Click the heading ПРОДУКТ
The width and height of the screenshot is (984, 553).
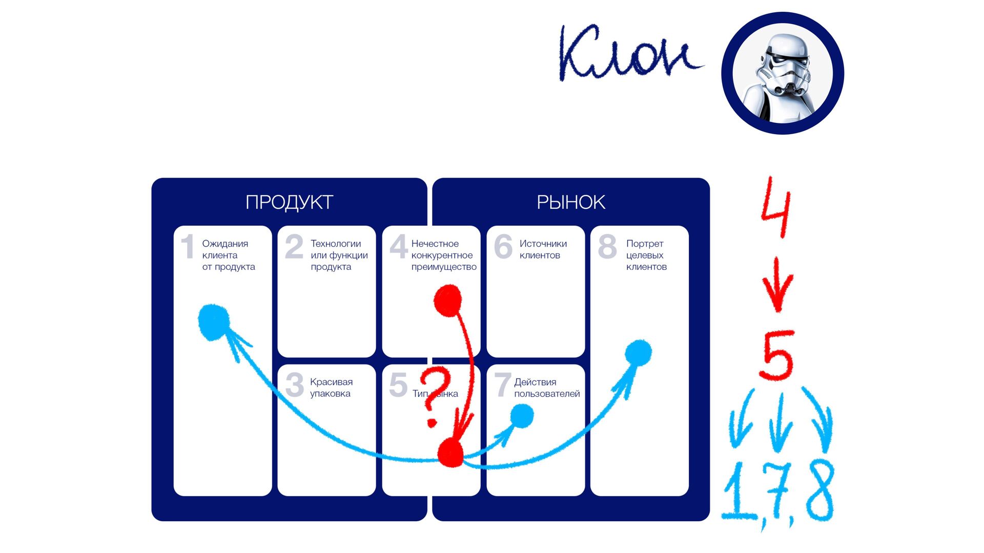[289, 202]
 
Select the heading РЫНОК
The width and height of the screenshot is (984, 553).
[570, 202]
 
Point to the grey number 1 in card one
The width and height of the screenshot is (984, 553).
[188, 246]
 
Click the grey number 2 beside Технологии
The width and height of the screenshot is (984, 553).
[294, 246]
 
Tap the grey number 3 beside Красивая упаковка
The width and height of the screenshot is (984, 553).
[294, 385]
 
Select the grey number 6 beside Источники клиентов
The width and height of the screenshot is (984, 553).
[503, 246]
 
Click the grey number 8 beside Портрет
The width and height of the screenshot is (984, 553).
[607, 246]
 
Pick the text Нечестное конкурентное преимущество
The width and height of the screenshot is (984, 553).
[443, 255]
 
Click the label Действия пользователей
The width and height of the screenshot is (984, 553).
[547, 388]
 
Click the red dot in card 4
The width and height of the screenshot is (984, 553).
[448, 301]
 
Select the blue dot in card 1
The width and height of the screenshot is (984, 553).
[213, 321]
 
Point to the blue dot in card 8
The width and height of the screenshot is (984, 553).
[639, 353]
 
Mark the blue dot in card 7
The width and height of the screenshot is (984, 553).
[522, 415]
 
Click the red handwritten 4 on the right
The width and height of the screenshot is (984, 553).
[776, 207]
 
